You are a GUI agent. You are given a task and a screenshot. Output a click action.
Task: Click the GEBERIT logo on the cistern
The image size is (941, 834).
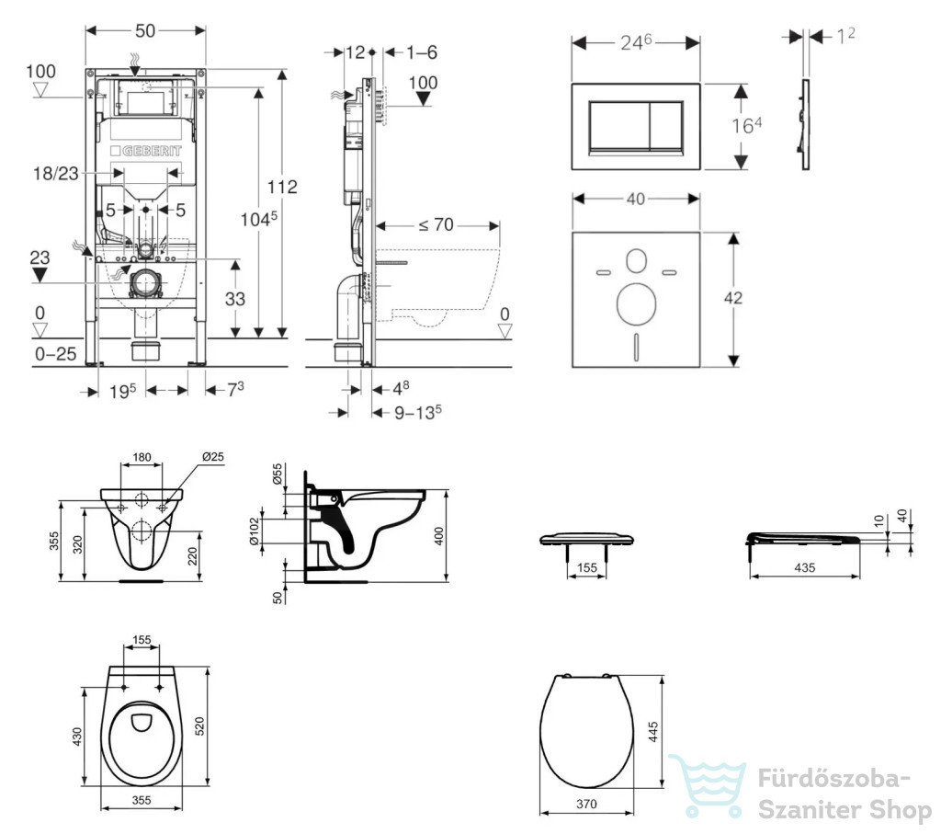pos(146,151)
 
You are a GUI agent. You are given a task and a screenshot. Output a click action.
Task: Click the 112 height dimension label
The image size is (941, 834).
pos(282,187)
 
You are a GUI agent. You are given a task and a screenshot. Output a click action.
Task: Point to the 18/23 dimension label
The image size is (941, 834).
pos(56,174)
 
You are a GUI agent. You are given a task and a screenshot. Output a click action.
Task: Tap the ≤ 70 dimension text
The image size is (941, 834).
pos(436,224)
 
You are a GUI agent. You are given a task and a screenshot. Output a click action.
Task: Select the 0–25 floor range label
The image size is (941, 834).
pos(56,354)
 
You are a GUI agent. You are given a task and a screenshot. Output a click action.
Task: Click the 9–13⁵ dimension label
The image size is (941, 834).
pos(418,413)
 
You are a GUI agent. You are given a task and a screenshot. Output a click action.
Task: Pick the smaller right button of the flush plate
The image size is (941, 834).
pos(667,125)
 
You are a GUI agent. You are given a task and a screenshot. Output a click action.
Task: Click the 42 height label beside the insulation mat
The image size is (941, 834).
pos(732,298)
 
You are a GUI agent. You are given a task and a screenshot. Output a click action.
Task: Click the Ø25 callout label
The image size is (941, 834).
pos(213,456)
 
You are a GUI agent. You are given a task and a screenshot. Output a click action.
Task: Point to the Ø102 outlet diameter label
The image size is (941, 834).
pos(255,531)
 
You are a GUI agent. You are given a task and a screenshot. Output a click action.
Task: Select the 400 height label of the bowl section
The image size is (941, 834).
pos(438,535)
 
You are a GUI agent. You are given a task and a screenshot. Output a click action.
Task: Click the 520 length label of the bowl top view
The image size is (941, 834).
pos(199,725)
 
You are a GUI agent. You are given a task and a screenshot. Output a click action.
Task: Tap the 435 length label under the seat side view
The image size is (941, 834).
pos(804,567)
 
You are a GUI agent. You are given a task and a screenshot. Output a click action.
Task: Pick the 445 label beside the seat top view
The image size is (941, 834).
pos(653,732)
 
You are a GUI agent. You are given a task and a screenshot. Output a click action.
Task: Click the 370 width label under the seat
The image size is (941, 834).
pos(586,804)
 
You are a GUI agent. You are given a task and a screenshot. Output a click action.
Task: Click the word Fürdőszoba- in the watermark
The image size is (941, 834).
pos(833,778)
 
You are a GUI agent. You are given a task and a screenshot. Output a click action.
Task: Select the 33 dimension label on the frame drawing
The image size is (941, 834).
pos(234,299)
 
